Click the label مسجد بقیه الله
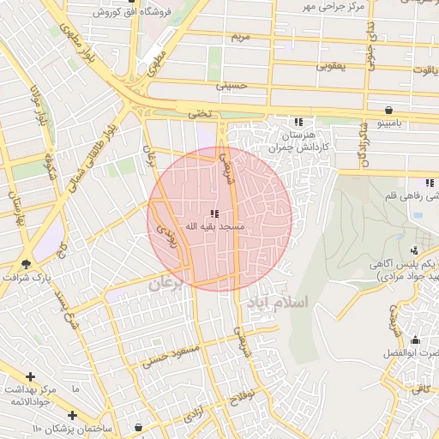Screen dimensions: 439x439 (x=215, y=227)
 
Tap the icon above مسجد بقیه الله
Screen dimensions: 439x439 (x=215, y=214)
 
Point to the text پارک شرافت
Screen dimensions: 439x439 (x=27, y=280)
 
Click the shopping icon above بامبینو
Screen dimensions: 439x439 (x=390, y=110)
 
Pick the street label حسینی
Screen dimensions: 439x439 (x=232, y=87)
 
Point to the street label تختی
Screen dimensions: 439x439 (x=199, y=112)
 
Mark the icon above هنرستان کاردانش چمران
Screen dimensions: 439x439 (x=298, y=123)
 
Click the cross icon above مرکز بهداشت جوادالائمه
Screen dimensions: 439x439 (x=31, y=376)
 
